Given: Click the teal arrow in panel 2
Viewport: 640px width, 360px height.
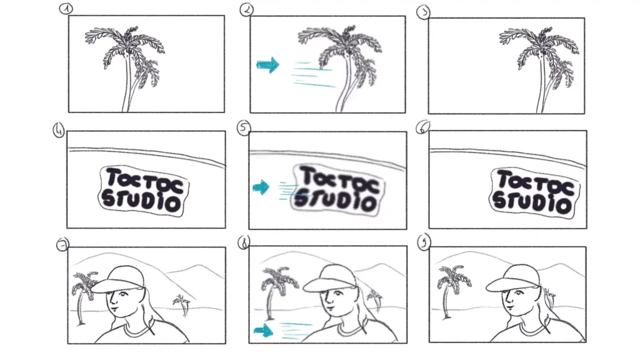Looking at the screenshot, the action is click(267, 65).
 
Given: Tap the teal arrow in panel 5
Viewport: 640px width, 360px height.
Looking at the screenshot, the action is click(261, 187).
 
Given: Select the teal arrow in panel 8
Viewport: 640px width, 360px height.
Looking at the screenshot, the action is click(263, 330).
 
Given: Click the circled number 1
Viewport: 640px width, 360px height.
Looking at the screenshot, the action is click(66, 9).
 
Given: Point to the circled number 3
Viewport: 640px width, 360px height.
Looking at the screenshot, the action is click(423, 12).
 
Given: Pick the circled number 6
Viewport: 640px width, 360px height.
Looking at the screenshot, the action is click(422, 127).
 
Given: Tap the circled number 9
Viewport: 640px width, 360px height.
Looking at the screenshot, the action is click(424, 243).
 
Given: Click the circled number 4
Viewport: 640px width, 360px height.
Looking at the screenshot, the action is click(59, 131).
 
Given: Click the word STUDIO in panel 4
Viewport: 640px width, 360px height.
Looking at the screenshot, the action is click(141, 202).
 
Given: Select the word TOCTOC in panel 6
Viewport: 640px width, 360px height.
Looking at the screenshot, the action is click(535, 183).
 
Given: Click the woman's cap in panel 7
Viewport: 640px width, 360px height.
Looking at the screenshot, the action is click(118, 279).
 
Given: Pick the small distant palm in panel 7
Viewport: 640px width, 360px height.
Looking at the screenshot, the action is click(182, 305).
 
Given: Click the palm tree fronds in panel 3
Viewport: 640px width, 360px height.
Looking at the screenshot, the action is click(539, 53).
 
